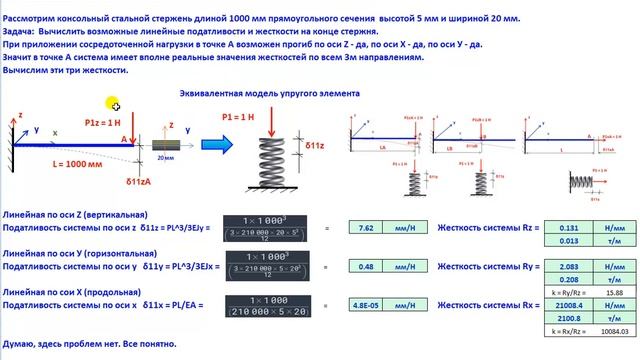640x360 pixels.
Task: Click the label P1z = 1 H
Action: click(x=104, y=121)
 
